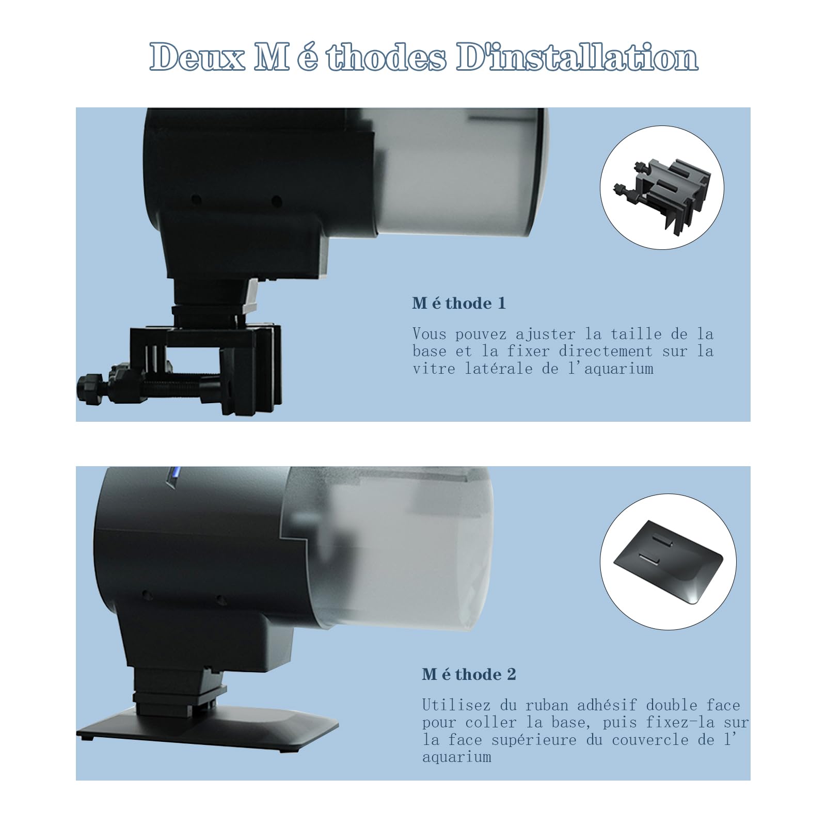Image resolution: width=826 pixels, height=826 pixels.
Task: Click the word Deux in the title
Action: point(198,57)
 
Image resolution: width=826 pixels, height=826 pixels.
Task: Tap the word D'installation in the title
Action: point(577,57)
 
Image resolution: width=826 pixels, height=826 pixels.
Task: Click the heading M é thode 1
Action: point(459,303)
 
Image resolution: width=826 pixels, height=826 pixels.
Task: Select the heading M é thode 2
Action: point(469,674)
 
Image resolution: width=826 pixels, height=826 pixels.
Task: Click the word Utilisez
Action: point(456,705)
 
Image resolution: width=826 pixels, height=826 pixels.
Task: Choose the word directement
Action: point(606,352)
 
